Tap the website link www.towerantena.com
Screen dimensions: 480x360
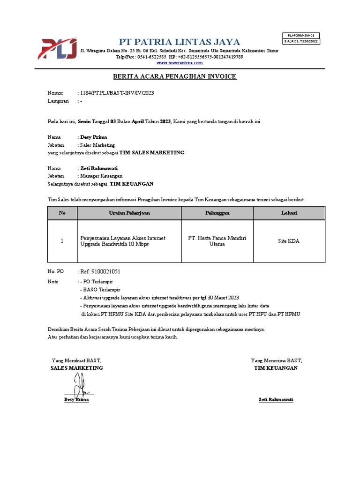coord(180,62)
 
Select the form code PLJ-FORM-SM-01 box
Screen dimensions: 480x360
coord(301,35)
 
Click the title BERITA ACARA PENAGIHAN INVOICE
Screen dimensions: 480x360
coord(175,76)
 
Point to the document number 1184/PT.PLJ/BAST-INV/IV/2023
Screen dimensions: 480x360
coord(116,93)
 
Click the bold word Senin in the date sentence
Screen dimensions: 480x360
coord(85,121)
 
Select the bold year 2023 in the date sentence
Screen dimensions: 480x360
coord(165,121)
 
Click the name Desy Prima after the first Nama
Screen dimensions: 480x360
coord(94,137)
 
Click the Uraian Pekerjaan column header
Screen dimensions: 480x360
coord(129,213)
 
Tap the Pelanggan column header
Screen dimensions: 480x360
coord(217,213)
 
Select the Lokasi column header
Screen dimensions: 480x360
coord(289,213)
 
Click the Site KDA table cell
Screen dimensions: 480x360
coord(289,241)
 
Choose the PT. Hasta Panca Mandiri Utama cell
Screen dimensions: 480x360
coord(217,241)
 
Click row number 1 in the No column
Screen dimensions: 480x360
coord(62,241)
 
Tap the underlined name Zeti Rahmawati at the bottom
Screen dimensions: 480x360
coord(276,399)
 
